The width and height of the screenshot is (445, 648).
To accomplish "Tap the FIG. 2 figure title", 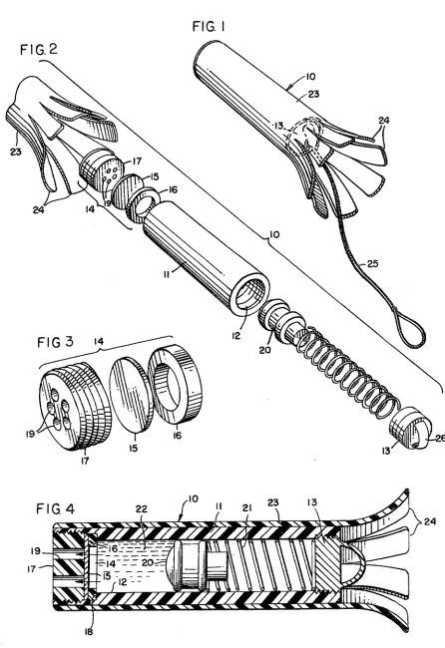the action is (39, 50).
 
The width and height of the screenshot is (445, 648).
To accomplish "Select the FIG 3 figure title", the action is (56, 342).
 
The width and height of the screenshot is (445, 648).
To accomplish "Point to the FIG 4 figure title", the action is (55, 508).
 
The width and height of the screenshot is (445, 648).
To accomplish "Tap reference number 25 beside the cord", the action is (372, 263).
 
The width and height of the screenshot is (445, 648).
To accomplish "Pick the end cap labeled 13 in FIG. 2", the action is (411, 428).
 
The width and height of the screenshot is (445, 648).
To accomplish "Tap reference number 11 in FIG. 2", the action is (167, 274).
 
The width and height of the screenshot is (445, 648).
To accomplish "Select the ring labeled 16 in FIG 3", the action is (176, 384).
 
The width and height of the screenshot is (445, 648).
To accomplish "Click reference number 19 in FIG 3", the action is (31, 434).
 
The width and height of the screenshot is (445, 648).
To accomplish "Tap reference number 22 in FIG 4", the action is (142, 508).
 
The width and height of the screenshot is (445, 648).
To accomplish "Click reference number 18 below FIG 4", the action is (89, 631).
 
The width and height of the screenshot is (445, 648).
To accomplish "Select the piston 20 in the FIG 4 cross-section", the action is (188, 564).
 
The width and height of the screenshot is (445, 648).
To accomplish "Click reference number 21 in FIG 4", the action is (246, 507).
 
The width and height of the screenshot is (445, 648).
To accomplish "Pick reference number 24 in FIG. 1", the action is (384, 121).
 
